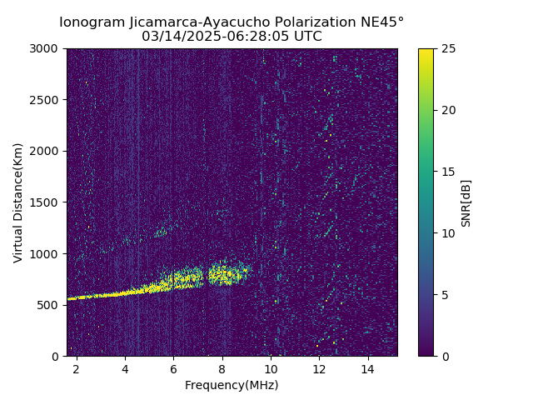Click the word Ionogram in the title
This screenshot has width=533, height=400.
click(x=92, y=22)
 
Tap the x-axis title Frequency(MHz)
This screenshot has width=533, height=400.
click(x=232, y=385)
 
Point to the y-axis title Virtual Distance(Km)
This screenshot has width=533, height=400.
click(x=18, y=202)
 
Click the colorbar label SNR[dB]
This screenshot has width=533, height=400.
click(x=466, y=202)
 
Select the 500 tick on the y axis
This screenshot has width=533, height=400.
click(x=51, y=305)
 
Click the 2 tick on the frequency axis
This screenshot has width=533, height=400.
click(x=77, y=368)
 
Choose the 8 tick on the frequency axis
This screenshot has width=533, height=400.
click(x=222, y=368)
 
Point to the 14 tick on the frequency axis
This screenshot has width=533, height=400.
click(x=368, y=368)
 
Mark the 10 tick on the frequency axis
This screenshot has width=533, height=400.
click(x=271, y=368)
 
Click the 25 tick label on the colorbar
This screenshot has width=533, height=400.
click(x=447, y=49)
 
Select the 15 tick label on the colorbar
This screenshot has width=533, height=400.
click(x=447, y=172)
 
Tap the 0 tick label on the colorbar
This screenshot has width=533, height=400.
click(x=444, y=356)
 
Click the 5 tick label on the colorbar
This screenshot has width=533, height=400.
click(x=444, y=294)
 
